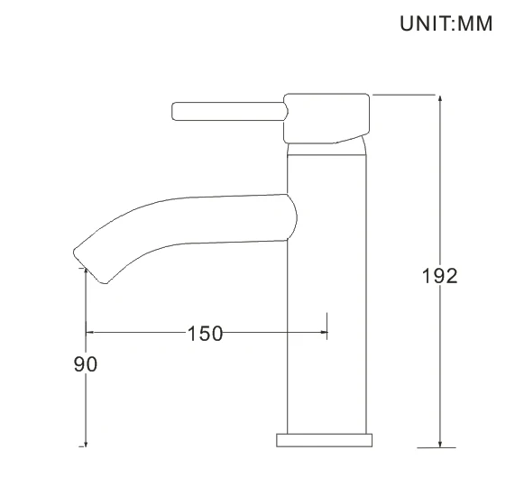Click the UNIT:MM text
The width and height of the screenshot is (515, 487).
(x=446, y=24)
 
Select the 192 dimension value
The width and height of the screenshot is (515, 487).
(x=439, y=275)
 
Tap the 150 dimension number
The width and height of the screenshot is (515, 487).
(x=205, y=333)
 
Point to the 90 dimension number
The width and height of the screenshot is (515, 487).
(x=85, y=363)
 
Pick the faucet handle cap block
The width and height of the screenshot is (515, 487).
(x=326, y=117)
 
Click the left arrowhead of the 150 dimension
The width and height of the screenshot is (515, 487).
(x=91, y=333)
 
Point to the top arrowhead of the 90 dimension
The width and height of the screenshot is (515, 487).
(x=85, y=271)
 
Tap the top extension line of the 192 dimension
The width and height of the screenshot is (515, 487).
(x=406, y=94)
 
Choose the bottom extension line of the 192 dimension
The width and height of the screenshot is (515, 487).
(x=437, y=446)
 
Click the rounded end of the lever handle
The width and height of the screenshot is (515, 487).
(x=176, y=112)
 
